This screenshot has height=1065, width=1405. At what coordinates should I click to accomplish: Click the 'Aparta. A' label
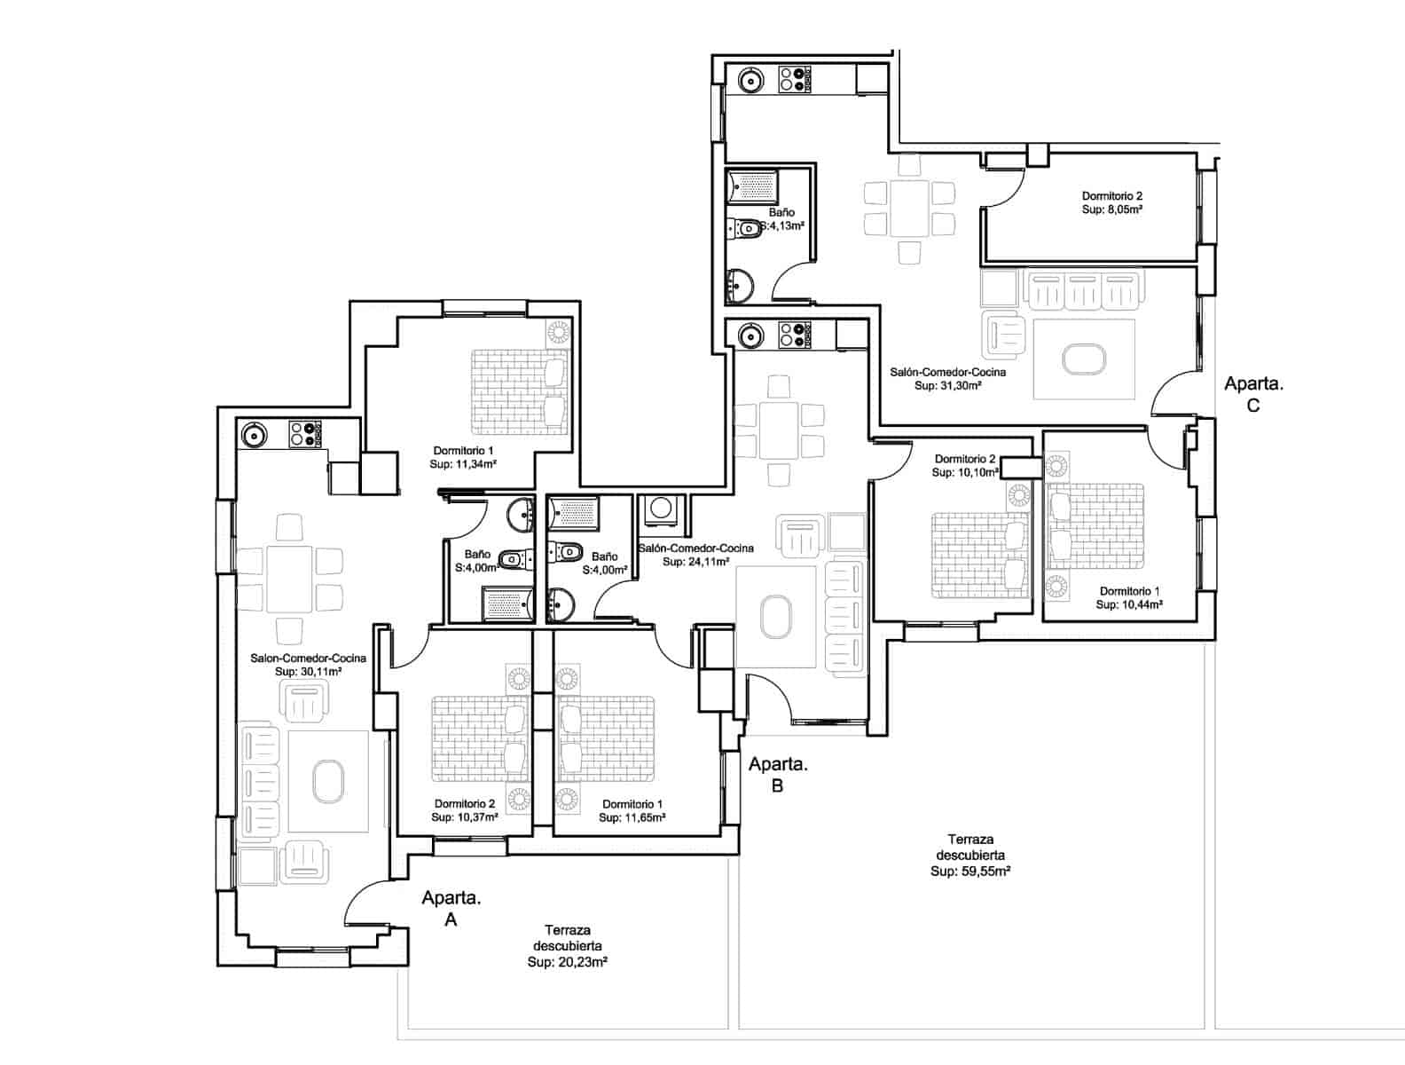click(x=451, y=908)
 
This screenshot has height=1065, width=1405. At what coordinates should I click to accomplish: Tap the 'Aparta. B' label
click(x=778, y=774)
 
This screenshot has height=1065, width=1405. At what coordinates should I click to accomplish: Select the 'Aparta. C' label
click(x=1253, y=394)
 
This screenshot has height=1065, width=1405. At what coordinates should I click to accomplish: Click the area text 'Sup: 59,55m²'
click(x=970, y=872)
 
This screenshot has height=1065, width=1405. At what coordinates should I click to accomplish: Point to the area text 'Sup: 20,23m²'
click(x=567, y=962)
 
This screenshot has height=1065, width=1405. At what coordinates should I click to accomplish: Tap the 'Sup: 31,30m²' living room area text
click(x=947, y=386)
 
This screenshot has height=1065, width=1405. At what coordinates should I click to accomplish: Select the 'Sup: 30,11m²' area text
click(x=308, y=673)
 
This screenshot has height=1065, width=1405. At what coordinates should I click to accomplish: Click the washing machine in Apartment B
click(x=660, y=509)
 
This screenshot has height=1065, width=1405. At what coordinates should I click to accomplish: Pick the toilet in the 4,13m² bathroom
click(x=747, y=229)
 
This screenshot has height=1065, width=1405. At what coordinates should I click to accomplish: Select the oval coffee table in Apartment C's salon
click(x=1084, y=359)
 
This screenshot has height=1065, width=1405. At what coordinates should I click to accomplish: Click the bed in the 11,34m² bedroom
click(x=520, y=391)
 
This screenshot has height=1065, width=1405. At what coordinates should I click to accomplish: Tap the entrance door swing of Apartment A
click(x=365, y=903)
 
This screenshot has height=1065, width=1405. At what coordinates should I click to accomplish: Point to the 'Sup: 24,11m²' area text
click(x=695, y=562)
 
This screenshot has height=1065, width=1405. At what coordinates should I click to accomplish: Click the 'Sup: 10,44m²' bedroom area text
click(x=1128, y=604)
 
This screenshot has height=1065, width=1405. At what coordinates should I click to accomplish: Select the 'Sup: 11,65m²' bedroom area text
click(x=632, y=817)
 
